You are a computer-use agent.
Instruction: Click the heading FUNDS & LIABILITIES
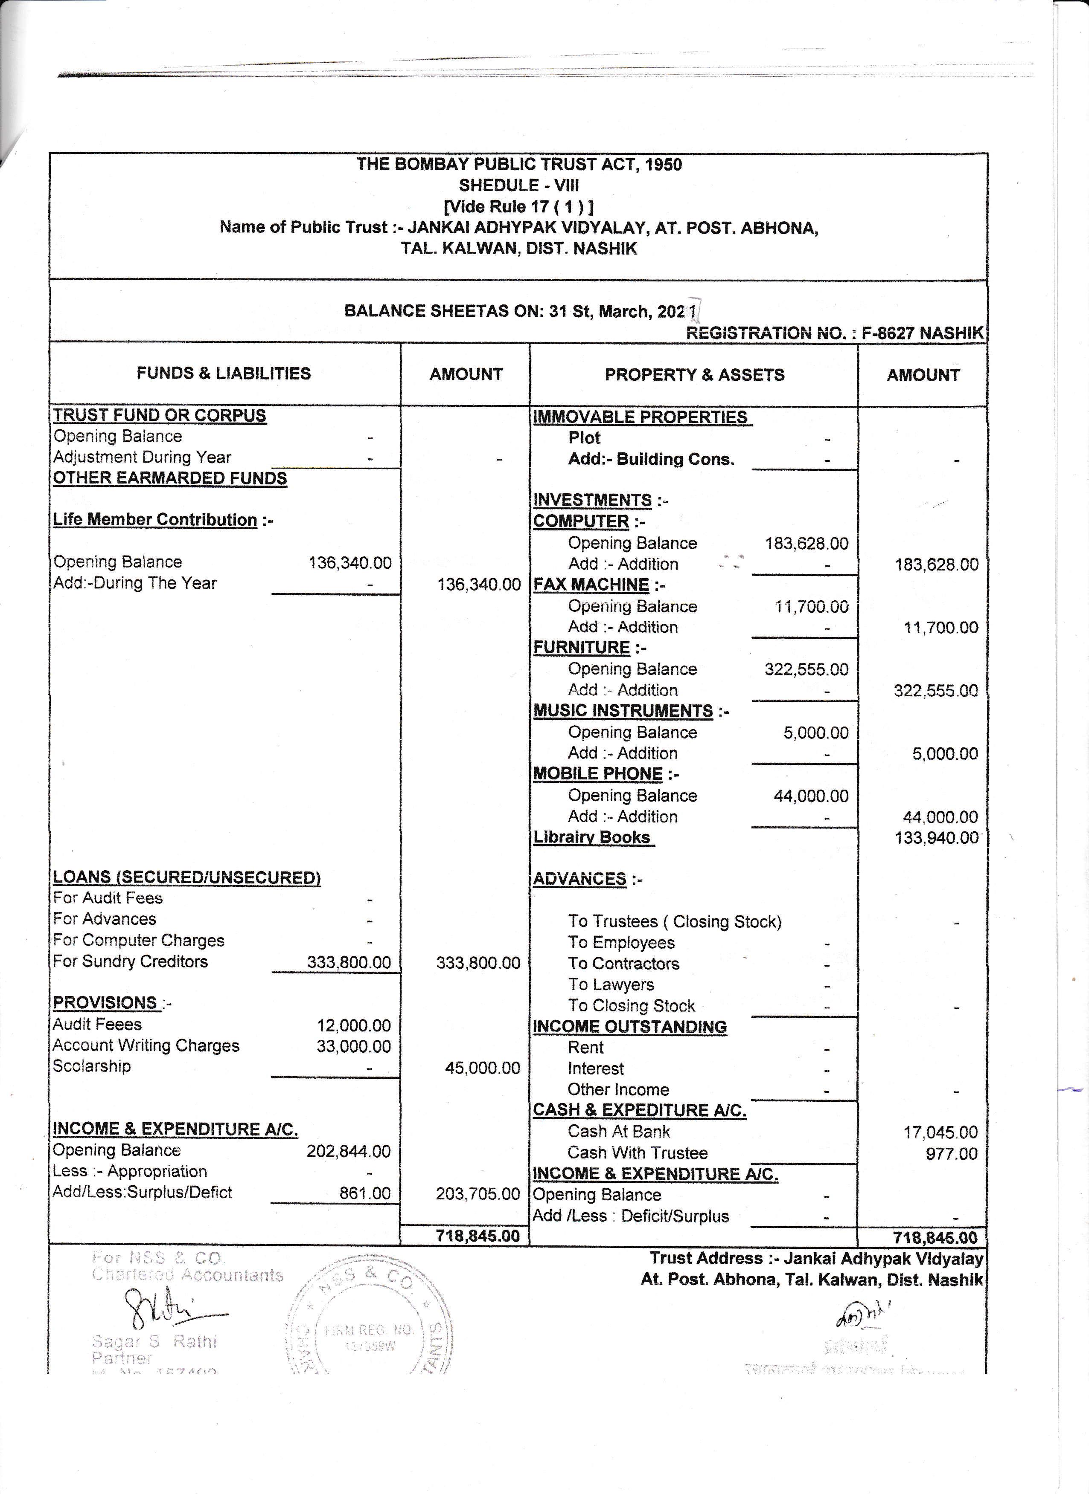coord(224,373)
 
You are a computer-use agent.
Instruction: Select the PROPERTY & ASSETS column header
coord(694,375)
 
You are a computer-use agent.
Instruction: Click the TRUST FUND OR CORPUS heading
coord(160,416)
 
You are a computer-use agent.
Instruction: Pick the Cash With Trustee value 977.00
coord(951,1153)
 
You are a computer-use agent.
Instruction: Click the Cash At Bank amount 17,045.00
coord(940,1132)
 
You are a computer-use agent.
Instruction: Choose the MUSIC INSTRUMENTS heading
coord(623,712)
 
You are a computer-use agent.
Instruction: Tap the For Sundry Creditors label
coord(131,962)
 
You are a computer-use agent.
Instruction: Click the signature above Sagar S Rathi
coord(165,1311)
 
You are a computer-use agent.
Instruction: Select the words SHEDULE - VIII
coord(519,186)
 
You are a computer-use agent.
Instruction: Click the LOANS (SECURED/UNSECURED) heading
coord(186,877)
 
